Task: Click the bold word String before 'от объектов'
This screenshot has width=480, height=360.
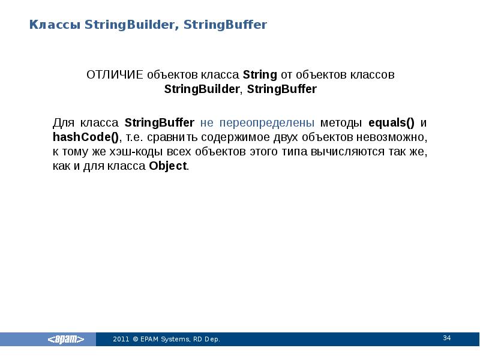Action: pos(260,76)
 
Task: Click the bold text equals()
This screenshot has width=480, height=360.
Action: pos(391,123)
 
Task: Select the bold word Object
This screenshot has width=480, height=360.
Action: pos(167,166)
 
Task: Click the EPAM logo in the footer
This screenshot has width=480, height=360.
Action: pos(66,340)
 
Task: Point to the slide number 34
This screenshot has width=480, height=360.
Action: pos(446,338)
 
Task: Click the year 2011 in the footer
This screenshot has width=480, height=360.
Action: pos(121,340)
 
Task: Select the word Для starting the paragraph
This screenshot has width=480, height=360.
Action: pos(62,123)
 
